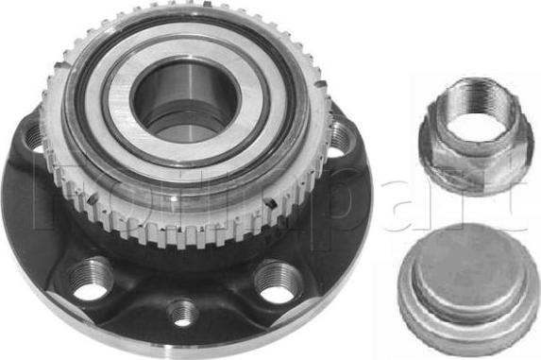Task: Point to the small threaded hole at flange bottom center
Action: point(183,311)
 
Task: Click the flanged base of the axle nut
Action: point(464,176)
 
